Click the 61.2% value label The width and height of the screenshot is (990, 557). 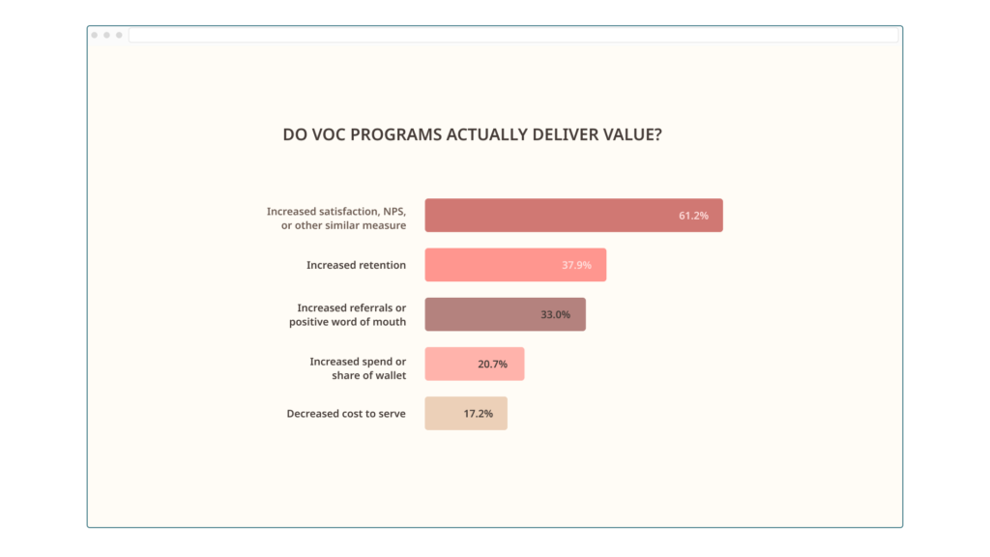693,216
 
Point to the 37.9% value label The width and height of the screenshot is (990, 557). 576,265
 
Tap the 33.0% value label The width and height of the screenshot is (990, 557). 556,314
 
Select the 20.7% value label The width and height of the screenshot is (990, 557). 493,364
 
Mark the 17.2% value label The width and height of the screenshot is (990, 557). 478,413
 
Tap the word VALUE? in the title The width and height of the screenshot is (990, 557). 633,135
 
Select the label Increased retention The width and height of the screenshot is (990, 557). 356,265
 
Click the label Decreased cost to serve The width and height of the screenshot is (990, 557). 346,413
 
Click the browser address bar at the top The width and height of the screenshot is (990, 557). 512,35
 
